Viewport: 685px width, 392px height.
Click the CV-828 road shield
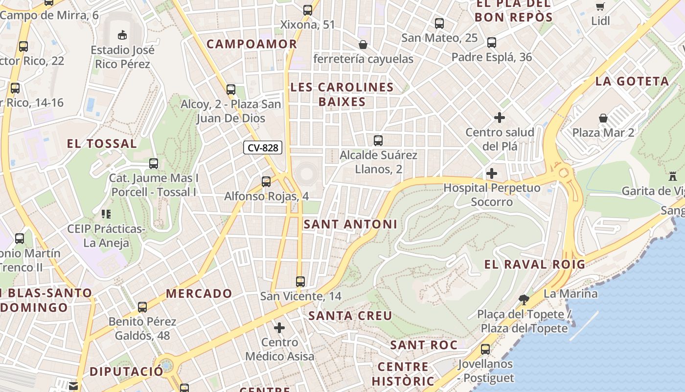click(263, 147)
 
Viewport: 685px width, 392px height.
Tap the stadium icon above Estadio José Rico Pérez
click(122, 35)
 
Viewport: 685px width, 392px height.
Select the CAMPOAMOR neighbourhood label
click(251, 44)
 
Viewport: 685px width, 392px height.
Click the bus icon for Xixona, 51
click(307, 10)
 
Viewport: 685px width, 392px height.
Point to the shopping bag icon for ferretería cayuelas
click(363, 45)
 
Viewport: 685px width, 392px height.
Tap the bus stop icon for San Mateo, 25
click(439, 23)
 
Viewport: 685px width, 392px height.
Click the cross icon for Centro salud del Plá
click(499, 118)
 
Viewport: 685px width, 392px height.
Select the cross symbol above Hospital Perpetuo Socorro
click(491, 173)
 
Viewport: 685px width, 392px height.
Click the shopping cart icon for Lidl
click(600, 6)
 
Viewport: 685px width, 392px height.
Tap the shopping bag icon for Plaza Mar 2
click(603, 118)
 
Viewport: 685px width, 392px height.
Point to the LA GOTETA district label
click(632, 81)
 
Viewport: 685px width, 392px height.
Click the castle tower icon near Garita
click(673, 176)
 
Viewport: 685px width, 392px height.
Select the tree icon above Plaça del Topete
click(524, 299)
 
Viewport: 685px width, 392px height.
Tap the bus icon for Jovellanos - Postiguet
click(485, 349)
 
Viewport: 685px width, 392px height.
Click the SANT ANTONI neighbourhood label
click(350, 224)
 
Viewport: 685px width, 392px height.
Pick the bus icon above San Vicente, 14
click(300, 282)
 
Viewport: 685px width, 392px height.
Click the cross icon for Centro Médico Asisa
click(279, 327)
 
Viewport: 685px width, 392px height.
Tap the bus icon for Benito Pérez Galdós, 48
click(142, 307)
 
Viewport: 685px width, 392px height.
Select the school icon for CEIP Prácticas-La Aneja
click(106, 214)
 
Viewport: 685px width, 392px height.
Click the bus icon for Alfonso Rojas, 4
click(266, 182)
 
